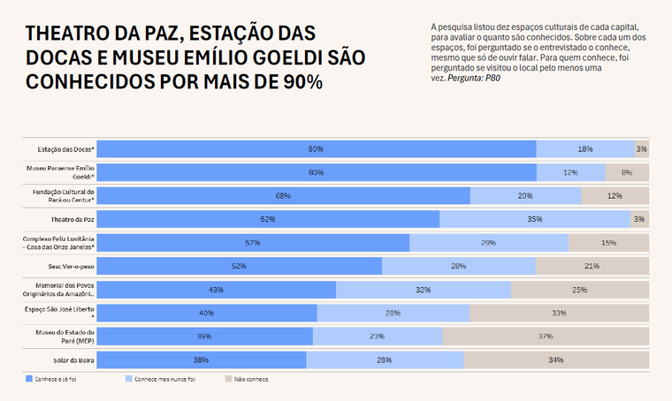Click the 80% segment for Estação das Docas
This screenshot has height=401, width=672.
(316, 149)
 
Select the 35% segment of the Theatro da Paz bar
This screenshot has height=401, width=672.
(535, 218)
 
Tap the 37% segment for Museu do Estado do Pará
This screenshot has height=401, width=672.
(546, 336)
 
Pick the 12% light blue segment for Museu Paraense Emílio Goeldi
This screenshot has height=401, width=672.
(570, 172)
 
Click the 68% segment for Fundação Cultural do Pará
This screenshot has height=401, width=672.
(283, 195)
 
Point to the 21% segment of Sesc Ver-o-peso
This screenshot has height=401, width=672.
(592, 265)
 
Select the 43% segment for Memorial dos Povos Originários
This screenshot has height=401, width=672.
(217, 289)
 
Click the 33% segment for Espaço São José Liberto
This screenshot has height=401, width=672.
(559, 313)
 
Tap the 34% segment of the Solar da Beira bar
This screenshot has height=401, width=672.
(556, 359)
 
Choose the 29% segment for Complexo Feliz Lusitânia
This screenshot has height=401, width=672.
(489, 242)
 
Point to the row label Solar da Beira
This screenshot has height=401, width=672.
(76, 359)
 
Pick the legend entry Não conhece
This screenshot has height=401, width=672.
(250, 379)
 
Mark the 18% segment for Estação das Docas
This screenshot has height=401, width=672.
(585, 149)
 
